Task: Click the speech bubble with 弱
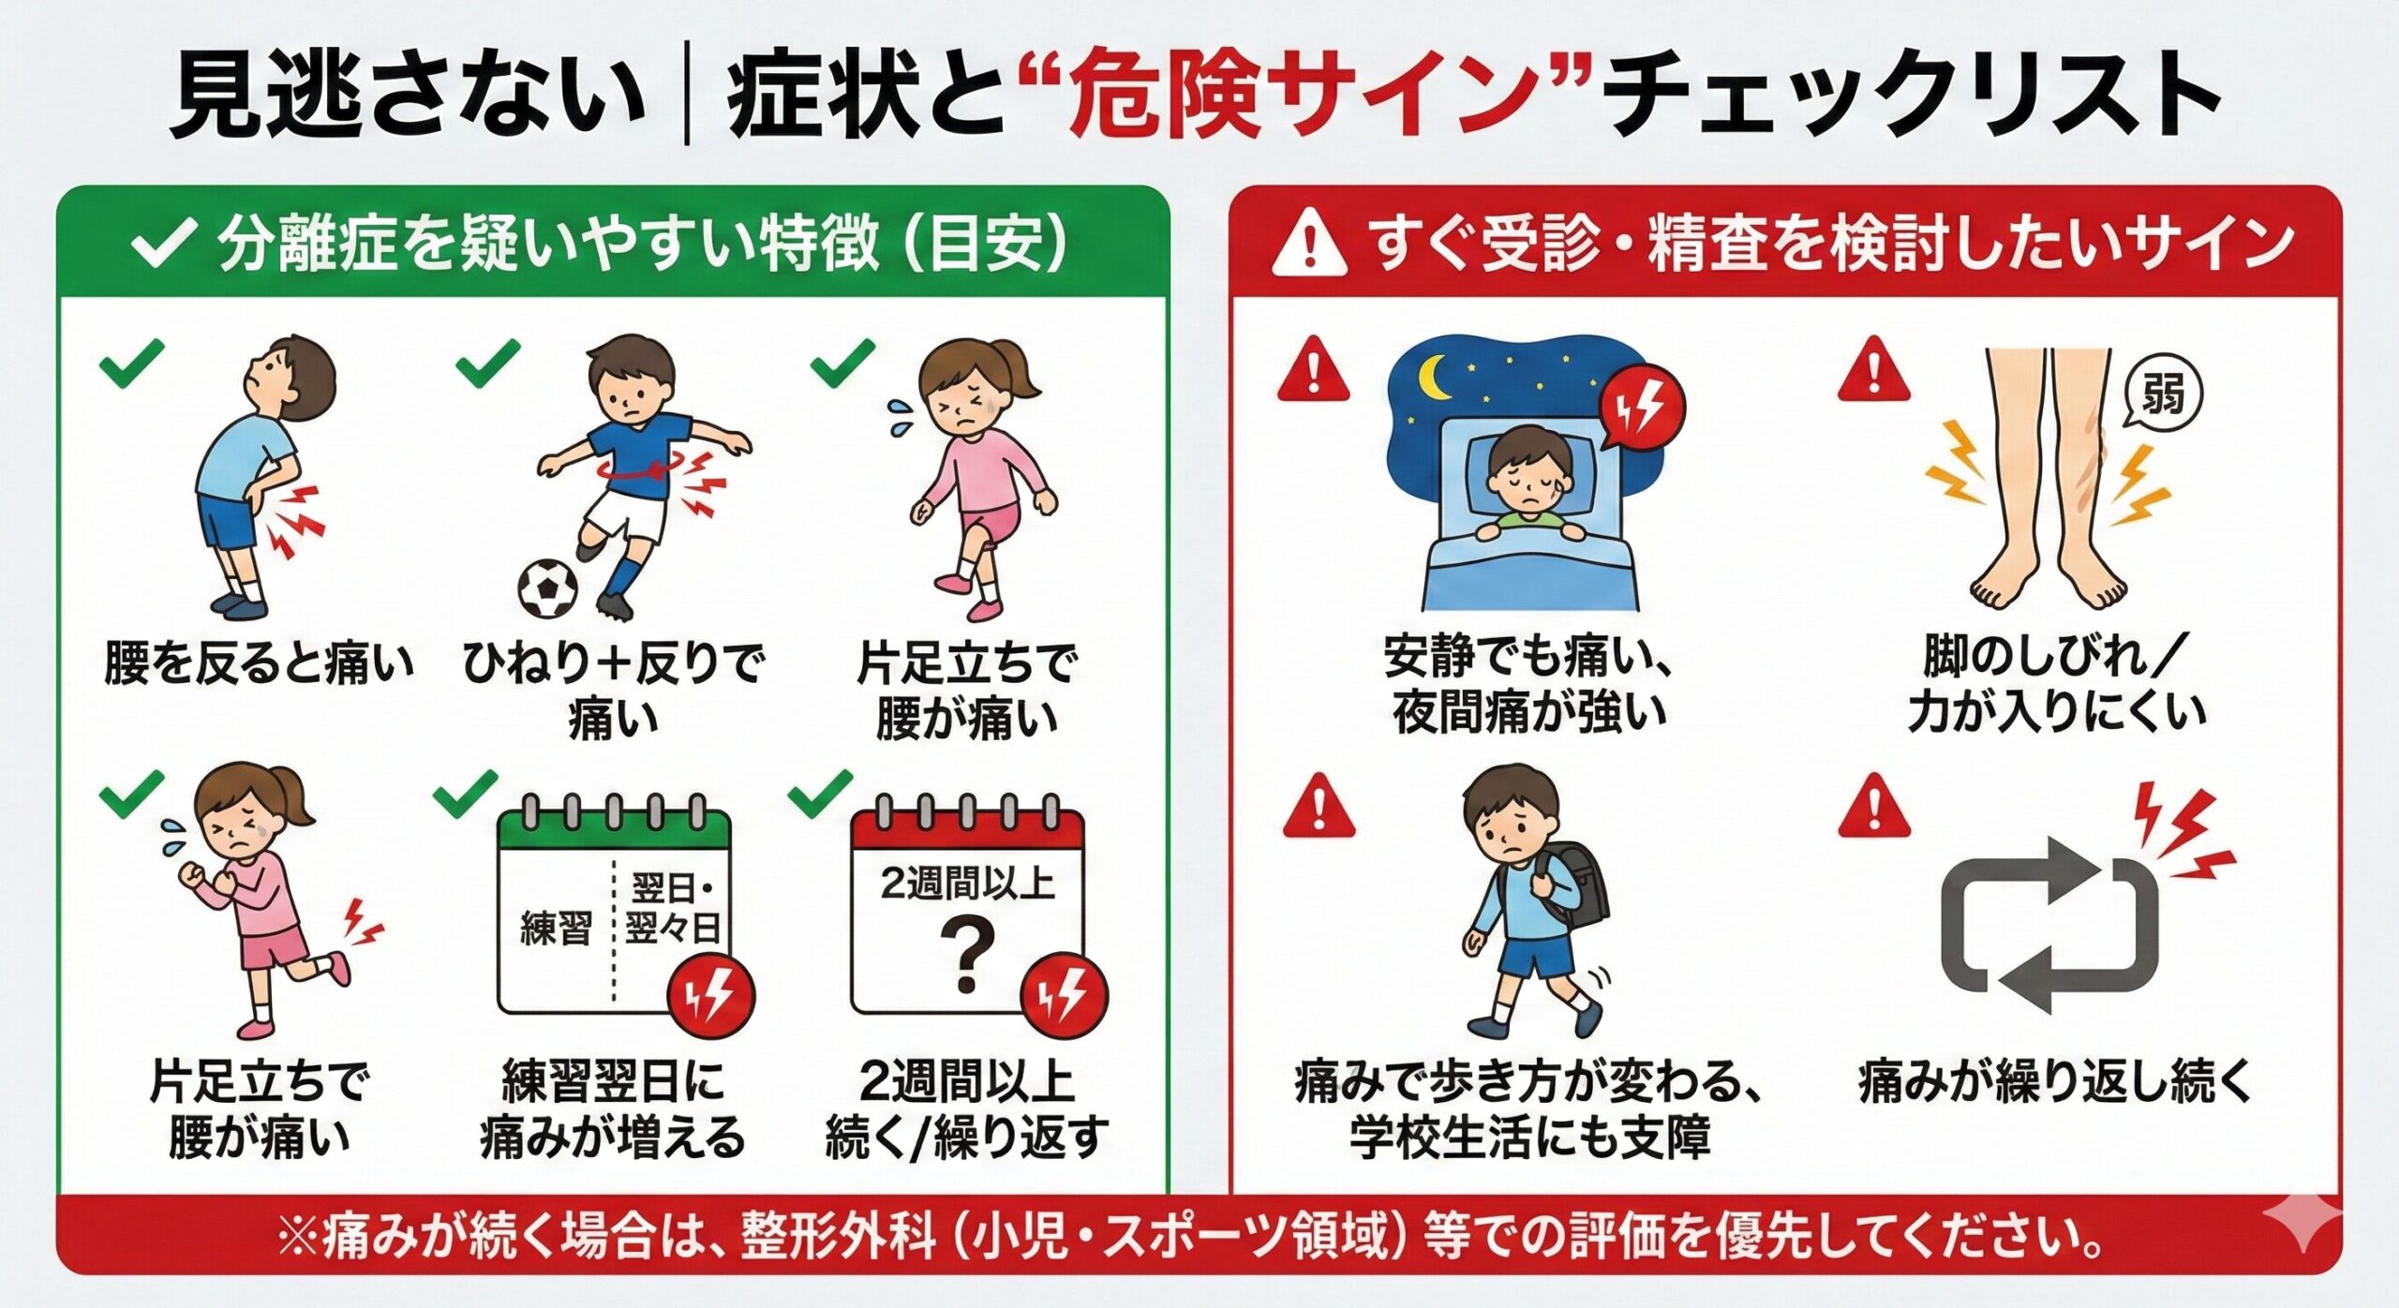(2163, 394)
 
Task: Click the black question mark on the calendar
(967, 954)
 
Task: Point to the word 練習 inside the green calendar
(556, 929)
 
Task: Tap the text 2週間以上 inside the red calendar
(967, 884)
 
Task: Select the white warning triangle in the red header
(1309, 245)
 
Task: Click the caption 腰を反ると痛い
(258, 663)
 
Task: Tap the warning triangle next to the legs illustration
(1873, 370)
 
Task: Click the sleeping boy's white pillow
(1527, 468)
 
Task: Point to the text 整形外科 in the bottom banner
(838, 1236)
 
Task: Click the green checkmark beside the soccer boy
(487, 362)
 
